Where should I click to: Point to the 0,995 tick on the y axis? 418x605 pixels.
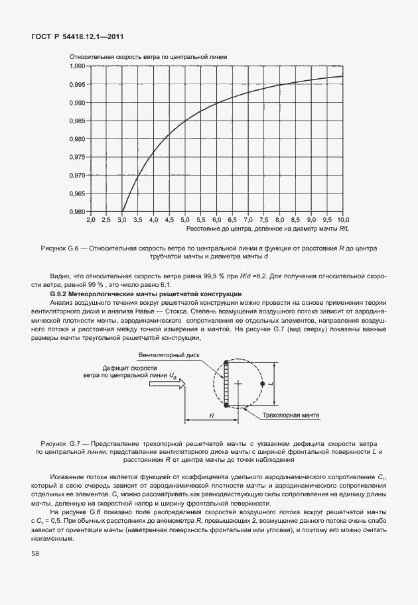pos(78,84)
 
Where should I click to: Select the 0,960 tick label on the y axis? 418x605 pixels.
pos(78,211)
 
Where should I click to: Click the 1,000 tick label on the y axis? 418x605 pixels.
pos(78,66)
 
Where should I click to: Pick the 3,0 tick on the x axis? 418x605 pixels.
pos(122,219)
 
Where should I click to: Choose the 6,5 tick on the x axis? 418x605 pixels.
pos(232,219)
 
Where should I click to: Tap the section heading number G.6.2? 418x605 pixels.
pos(64,293)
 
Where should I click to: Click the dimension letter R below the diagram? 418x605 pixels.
pos(210,415)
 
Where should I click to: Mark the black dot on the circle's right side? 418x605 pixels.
pos(263,384)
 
